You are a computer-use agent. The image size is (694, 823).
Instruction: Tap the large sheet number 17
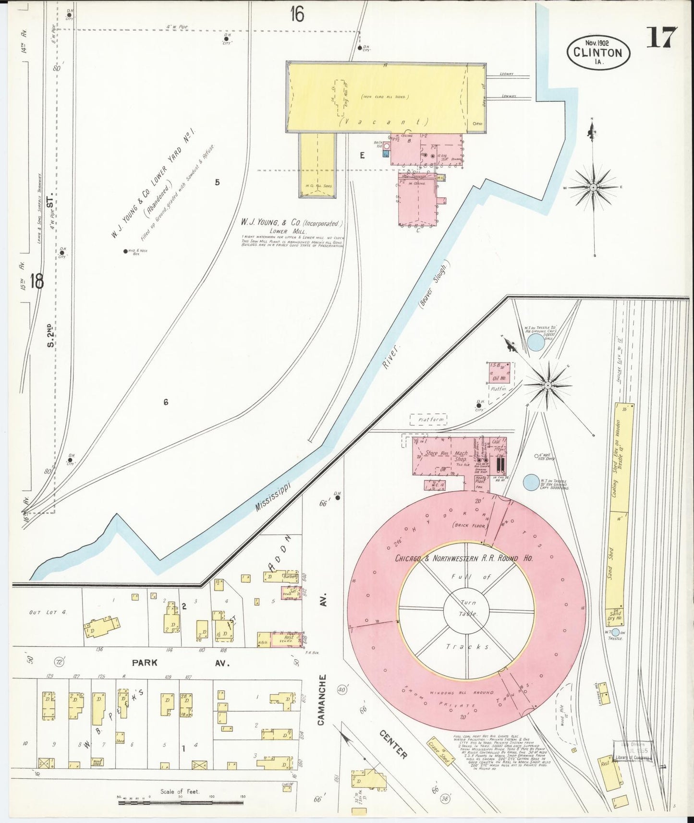coord(661,37)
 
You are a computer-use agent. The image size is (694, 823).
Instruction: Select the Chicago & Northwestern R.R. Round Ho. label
coord(463,558)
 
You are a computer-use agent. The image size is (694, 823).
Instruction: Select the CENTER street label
coord(393,745)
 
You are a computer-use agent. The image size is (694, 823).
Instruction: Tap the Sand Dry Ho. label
coord(615,615)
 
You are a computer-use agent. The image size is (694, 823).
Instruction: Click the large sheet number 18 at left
coord(37,281)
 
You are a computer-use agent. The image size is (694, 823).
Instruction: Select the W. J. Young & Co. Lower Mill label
coord(293,226)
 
